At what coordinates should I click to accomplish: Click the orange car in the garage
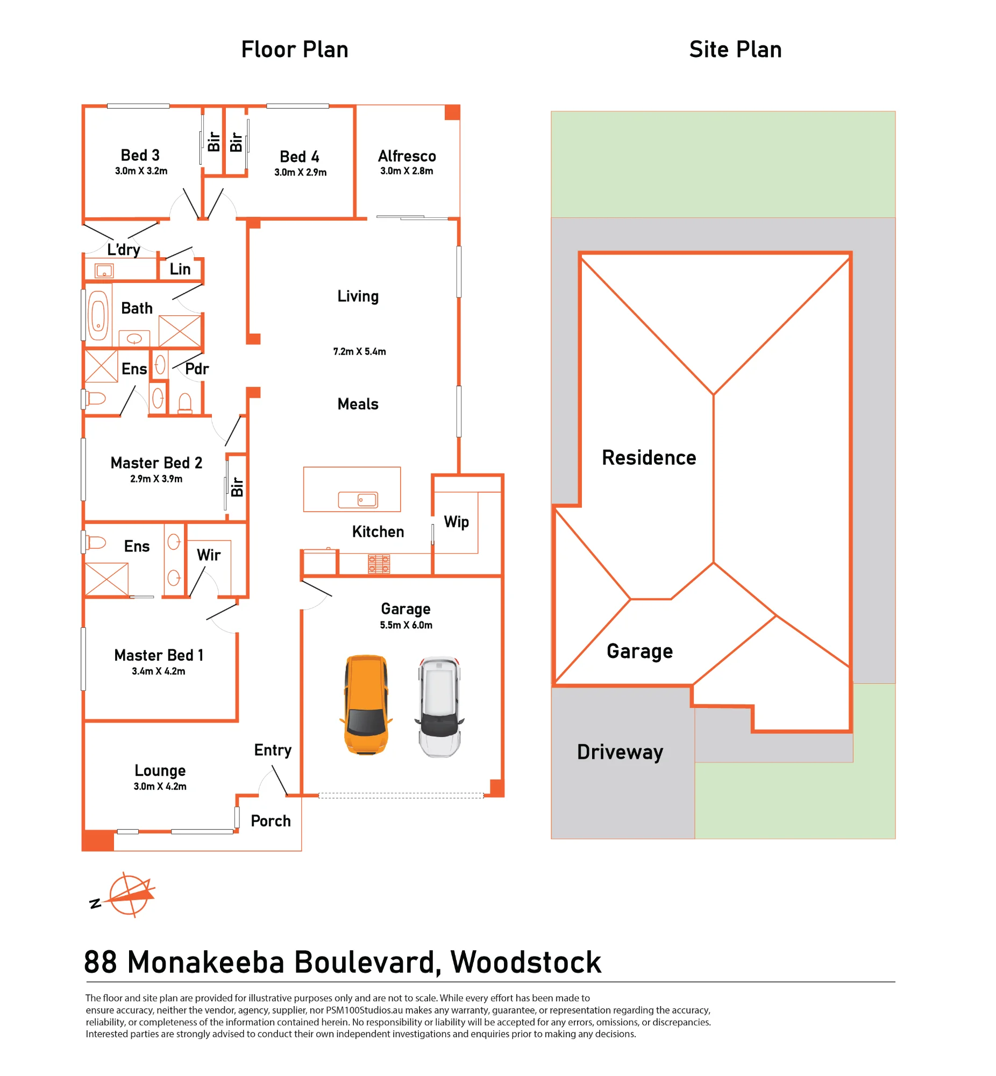pyautogui.click(x=366, y=704)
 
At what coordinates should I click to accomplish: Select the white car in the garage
pyautogui.click(x=439, y=707)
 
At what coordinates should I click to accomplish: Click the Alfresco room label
pyautogui.click(x=407, y=157)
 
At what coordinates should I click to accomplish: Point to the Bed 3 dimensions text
pyautogui.click(x=141, y=171)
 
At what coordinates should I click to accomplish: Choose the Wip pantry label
pyautogui.click(x=457, y=522)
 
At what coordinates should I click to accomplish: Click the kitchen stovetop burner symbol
pyautogui.click(x=379, y=564)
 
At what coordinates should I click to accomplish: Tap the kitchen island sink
pyautogui.click(x=358, y=500)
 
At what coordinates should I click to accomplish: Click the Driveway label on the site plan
pyautogui.click(x=620, y=752)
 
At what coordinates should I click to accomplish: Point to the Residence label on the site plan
pyautogui.click(x=649, y=458)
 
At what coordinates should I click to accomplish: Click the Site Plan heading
pyautogui.click(x=735, y=49)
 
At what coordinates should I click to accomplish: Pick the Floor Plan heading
pyautogui.click(x=295, y=49)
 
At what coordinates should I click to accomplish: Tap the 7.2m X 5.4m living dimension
pyautogui.click(x=359, y=351)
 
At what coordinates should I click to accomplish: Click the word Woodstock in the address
pyautogui.click(x=525, y=962)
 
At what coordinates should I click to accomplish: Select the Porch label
pyautogui.click(x=271, y=821)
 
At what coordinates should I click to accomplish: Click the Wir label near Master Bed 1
pyautogui.click(x=209, y=555)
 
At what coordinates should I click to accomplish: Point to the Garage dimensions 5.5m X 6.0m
pyautogui.click(x=406, y=625)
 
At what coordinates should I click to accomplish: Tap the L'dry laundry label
pyautogui.click(x=123, y=250)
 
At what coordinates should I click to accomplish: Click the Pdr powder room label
pyautogui.click(x=197, y=369)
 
